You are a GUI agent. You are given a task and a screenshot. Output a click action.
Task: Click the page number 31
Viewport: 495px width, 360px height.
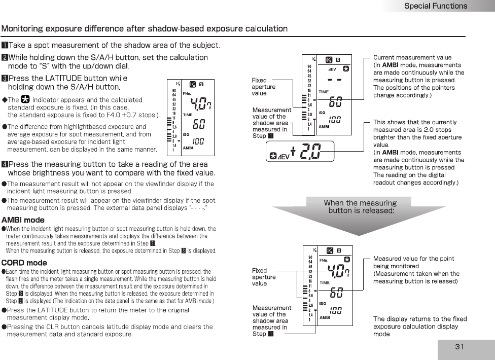click(459, 347)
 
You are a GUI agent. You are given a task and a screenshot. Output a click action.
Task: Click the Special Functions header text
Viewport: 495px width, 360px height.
click(435, 6)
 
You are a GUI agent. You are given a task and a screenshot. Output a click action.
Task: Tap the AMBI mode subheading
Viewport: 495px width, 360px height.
click(23, 220)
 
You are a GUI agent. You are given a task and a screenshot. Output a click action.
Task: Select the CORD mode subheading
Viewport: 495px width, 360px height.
click(24, 263)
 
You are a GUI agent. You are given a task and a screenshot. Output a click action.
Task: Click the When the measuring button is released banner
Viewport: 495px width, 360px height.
click(360, 206)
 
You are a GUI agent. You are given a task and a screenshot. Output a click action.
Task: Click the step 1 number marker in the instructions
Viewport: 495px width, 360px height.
click(5, 46)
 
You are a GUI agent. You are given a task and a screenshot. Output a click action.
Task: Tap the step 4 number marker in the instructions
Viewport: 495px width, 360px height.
click(5, 164)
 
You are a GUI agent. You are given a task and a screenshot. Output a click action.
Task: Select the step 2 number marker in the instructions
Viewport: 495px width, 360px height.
click(5, 57)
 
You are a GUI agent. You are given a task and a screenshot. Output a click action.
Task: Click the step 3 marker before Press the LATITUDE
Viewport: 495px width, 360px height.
click(5, 78)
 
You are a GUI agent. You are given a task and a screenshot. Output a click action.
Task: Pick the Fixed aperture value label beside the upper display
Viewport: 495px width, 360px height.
click(264, 87)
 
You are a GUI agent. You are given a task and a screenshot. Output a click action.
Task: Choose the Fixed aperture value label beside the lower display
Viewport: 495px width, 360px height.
click(264, 277)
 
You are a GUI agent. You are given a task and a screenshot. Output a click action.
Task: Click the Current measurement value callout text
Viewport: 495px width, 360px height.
click(412, 58)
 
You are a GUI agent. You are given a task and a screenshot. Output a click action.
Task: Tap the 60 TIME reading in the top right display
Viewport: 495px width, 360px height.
click(335, 102)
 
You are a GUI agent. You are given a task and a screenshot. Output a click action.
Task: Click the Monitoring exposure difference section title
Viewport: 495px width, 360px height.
click(145, 28)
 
